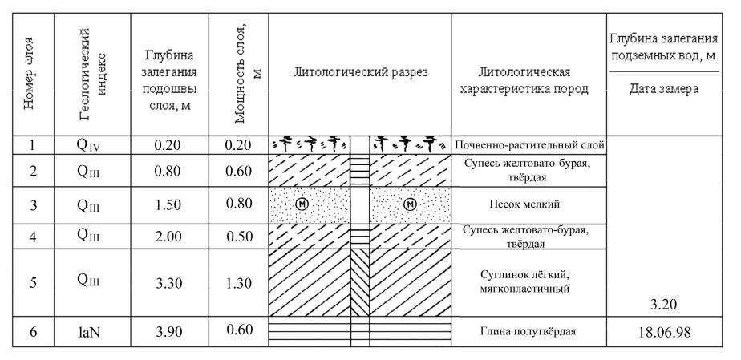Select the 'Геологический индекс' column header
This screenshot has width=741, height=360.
point(92,75)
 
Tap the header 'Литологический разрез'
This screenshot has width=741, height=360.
point(360,72)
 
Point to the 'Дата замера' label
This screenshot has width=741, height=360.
point(664,89)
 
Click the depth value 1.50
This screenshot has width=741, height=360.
point(168,204)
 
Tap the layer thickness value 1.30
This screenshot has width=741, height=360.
point(239,283)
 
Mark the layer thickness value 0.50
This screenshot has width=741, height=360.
point(239,236)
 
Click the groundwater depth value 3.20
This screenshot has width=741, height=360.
point(664,305)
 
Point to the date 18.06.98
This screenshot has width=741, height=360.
point(664,332)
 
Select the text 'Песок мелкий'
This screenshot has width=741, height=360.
point(528,204)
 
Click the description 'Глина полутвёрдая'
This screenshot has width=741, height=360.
point(528,331)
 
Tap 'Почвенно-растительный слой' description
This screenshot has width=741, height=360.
point(529,144)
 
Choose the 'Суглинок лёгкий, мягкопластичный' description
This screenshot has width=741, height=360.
point(528,281)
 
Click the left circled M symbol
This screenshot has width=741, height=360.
point(301,204)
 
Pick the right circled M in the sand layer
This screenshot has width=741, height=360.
point(411,204)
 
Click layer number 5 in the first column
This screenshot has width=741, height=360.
point(33,282)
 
